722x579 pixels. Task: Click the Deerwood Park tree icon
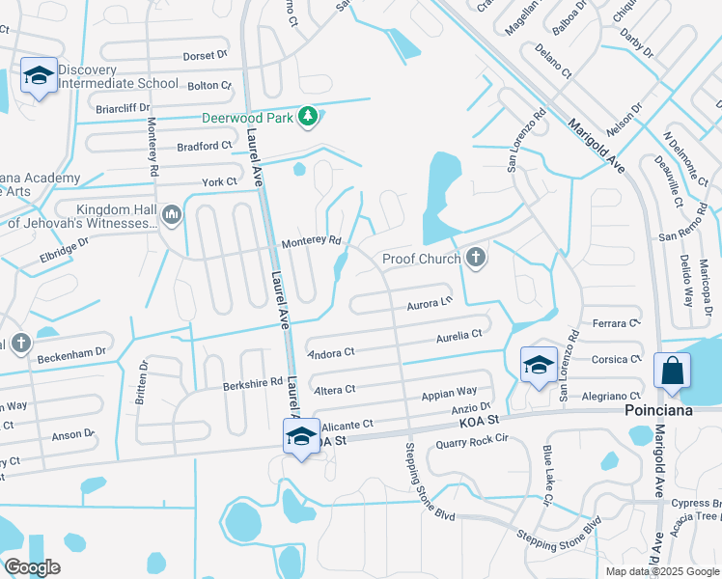click(308, 118)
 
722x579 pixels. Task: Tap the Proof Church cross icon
click(474, 258)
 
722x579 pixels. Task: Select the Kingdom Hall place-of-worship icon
click(172, 213)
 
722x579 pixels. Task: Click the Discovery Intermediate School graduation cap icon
click(38, 76)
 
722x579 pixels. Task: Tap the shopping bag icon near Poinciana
click(672, 372)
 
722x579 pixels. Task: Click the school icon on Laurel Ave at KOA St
click(301, 435)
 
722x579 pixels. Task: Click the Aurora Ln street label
click(430, 302)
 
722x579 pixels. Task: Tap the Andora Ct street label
click(331, 352)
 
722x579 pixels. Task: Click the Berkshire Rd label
click(252, 381)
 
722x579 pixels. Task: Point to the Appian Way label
click(450, 393)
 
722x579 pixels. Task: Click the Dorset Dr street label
click(204, 56)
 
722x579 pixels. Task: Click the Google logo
click(32, 567)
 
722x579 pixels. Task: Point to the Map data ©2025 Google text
click(661, 571)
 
